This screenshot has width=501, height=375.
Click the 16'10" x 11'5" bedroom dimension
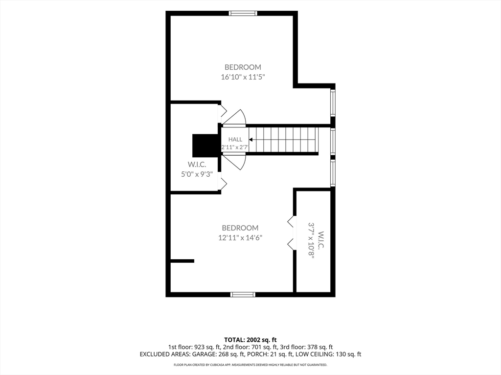[243, 77]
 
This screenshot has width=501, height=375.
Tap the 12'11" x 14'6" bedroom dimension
[240, 238]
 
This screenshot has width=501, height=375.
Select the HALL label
[235, 139]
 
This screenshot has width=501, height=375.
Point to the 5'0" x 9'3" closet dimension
[197, 174]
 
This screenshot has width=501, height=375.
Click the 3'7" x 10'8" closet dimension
[311, 239]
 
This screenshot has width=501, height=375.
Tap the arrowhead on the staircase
[251, 139]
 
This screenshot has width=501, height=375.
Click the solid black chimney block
[205, 144]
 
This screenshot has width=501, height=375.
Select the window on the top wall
[243, 13]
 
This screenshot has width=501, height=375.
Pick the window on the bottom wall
[243, 294]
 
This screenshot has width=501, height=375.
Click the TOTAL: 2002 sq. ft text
[250, 340]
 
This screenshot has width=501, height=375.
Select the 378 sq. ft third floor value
[320, 347]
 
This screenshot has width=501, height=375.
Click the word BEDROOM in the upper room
[243, 67]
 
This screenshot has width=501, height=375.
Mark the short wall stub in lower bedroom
[182, 261]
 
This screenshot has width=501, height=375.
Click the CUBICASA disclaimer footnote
[250, 365]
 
